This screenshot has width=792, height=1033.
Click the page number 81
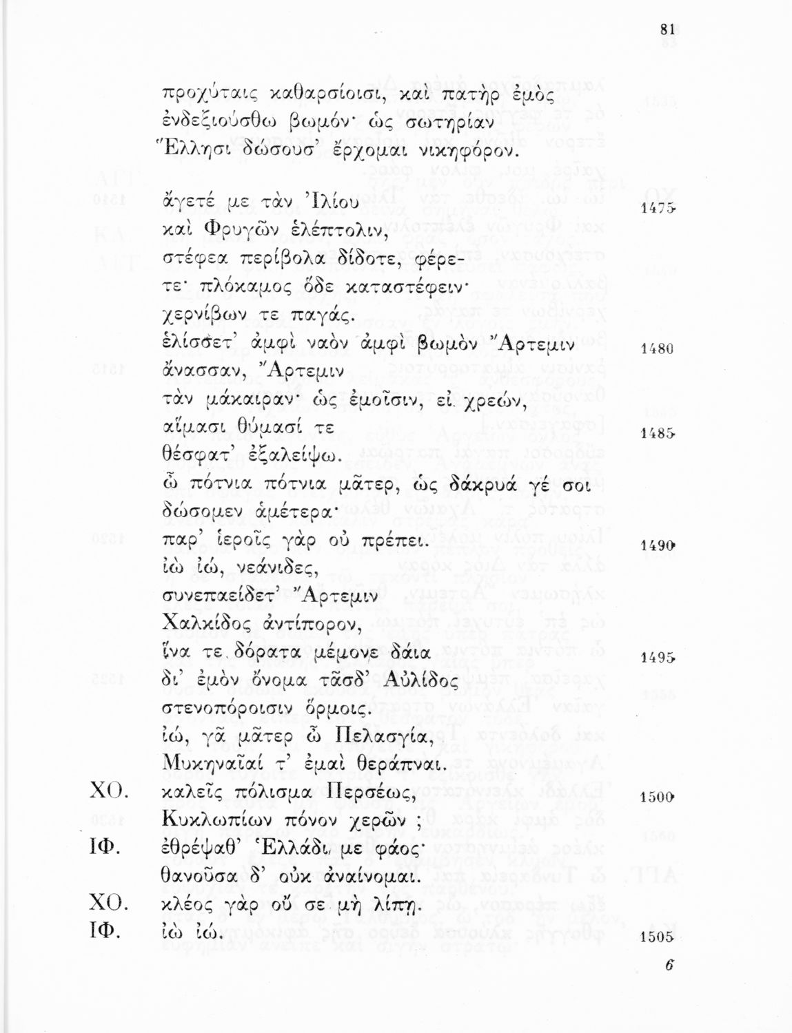pos(667,29)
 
